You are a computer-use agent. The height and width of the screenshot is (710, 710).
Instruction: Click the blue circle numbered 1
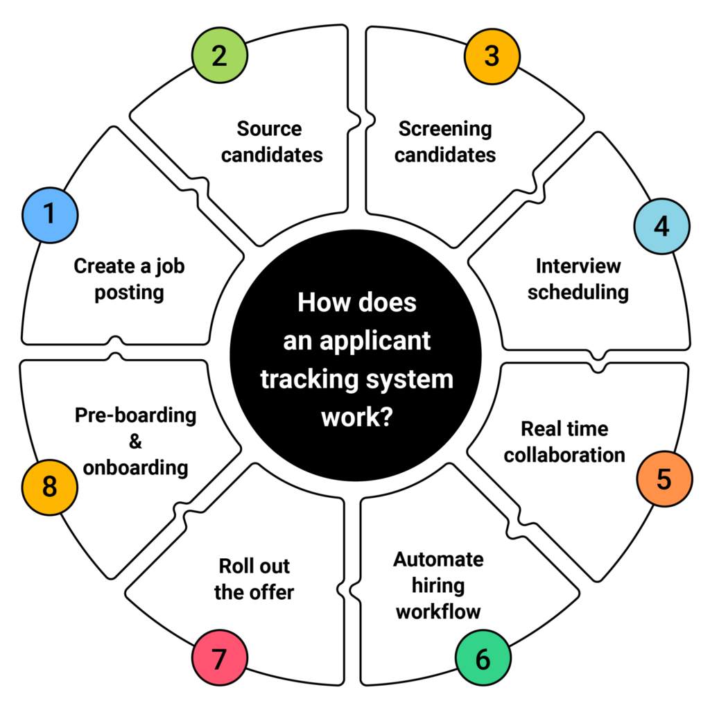point(49,214)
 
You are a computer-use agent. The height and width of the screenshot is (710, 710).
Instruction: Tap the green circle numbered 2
point(218,55)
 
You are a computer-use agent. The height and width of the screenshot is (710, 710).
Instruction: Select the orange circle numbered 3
point(492,55)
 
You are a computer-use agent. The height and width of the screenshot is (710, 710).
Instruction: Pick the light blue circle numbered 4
point(662,227)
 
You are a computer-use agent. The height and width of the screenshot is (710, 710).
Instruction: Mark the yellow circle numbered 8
point(49,487)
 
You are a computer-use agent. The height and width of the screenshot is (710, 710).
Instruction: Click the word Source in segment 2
point(270,129)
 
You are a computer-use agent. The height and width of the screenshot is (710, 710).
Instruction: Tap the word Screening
point(445,129)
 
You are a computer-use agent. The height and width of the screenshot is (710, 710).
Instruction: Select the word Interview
point(578,266)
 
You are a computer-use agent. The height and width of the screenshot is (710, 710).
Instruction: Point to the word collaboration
point(564,455)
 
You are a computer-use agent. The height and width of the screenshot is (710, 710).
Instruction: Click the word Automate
point(439,560)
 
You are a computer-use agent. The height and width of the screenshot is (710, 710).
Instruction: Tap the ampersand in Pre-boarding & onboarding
point(135,441)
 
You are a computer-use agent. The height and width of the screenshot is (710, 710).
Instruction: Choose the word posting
point(130,292)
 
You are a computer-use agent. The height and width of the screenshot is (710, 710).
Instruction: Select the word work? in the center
point(355,418)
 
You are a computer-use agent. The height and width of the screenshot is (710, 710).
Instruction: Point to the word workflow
point(439,612)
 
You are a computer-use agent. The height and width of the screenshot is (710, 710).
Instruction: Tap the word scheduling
point(578,292)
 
